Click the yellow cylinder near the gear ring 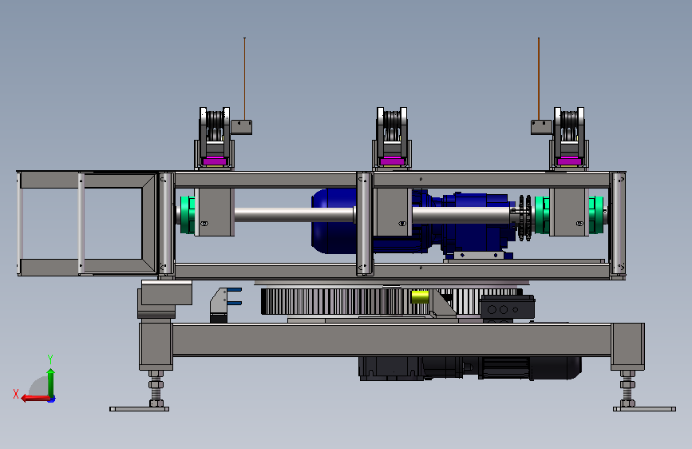coord(420,297)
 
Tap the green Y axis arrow coord(51,382)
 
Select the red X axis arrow coord(35,399)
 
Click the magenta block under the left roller coord(215,161)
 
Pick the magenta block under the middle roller coord(392,161)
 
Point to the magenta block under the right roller coord(569,161)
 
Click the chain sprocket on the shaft coord(524,218)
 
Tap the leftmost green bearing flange coord(188,215)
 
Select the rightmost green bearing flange coord(595,215)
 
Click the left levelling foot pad coord(139,409)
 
